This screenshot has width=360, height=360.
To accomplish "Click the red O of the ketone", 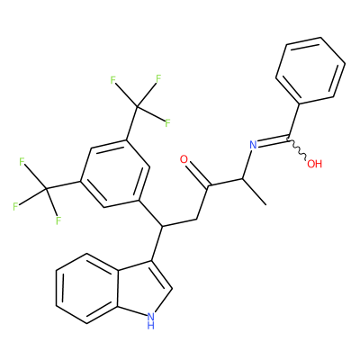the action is point(184,159).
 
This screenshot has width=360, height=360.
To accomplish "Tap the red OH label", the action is point(315,164).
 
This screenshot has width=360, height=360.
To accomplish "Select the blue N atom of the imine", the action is point(254,145).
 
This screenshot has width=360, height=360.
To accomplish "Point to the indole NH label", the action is point(151,320).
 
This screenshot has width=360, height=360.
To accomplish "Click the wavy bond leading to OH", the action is point(297,149).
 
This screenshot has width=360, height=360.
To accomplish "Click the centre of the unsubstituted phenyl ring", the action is point(310,71).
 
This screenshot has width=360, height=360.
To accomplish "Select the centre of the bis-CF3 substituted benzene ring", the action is point(114,174).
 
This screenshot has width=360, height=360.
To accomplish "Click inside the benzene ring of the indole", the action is point(87,289).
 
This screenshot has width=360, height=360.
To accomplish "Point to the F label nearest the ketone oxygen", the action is point(167,122).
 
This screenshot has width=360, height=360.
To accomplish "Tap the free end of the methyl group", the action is point(265,205).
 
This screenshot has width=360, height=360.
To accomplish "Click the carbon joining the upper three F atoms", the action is point(137,106).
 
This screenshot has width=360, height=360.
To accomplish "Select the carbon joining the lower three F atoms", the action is point(47,189).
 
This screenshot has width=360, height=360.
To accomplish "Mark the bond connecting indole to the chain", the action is point(157,243).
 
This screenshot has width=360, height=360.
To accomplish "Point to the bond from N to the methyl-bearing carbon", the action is point(247,165).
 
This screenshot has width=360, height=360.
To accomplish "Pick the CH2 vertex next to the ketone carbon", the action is point(196,219).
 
